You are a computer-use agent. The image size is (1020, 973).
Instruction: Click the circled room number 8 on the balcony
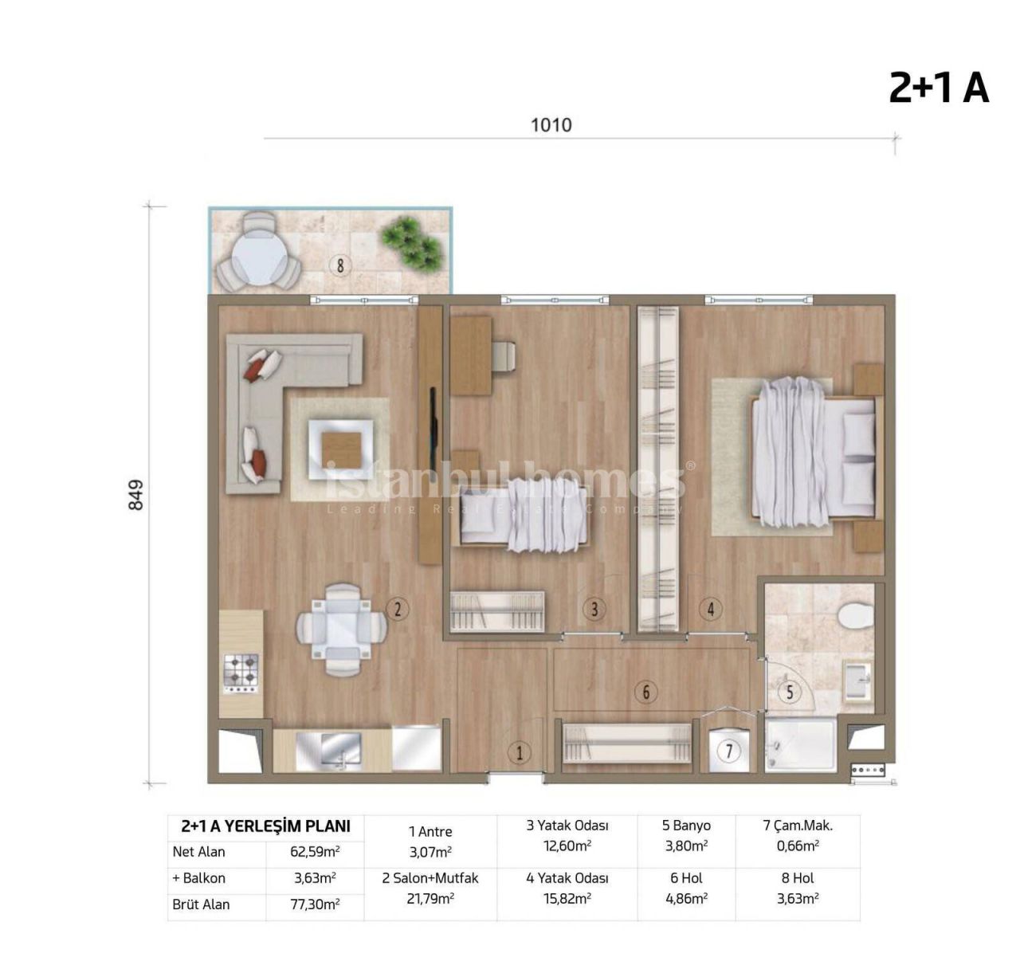tap(340, 265)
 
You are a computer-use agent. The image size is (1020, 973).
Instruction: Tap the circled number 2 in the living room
tap(397, 610)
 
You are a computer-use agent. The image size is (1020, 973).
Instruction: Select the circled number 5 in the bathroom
tap(790, 692)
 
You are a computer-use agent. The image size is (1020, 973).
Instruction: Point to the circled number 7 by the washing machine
tap(728, 751)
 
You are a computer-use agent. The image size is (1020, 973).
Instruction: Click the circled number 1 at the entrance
tap(520, 752)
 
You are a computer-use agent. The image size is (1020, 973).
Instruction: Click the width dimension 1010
tap(551, 125)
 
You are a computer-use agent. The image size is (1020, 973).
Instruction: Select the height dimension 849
tap(136, 494)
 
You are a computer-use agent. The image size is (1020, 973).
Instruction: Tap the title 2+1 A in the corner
tap(938, 88)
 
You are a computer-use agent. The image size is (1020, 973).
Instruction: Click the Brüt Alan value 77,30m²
tap(314, 904)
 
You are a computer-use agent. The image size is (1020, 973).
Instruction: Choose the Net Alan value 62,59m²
tap(314, 851)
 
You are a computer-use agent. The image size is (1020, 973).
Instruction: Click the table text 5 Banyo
tap(686, 826)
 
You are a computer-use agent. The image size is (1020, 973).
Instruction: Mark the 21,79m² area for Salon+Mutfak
tap(430, 898)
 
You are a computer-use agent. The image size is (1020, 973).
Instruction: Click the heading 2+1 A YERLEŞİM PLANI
tap(265, 826)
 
